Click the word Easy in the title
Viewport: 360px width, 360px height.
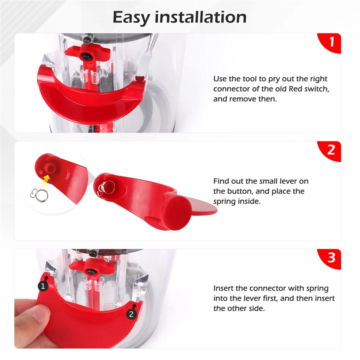(131, 17)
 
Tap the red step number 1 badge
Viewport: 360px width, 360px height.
(331, 42)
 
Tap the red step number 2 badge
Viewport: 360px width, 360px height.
(331, 150)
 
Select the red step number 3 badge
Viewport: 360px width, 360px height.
(331, 258)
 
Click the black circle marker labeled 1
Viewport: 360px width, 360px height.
(43, 286)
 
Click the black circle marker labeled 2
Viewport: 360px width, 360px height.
(131, 314)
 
